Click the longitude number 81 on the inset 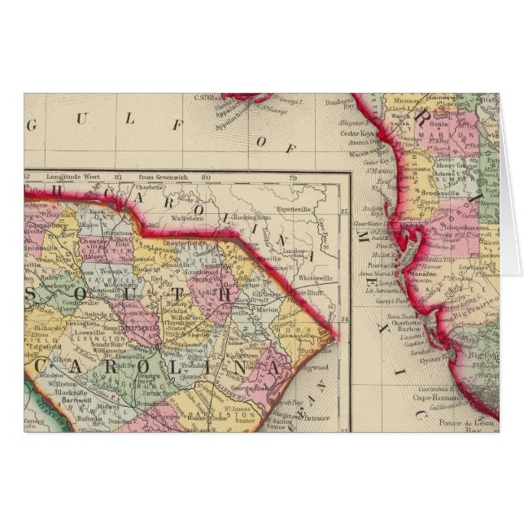point(119,177)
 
